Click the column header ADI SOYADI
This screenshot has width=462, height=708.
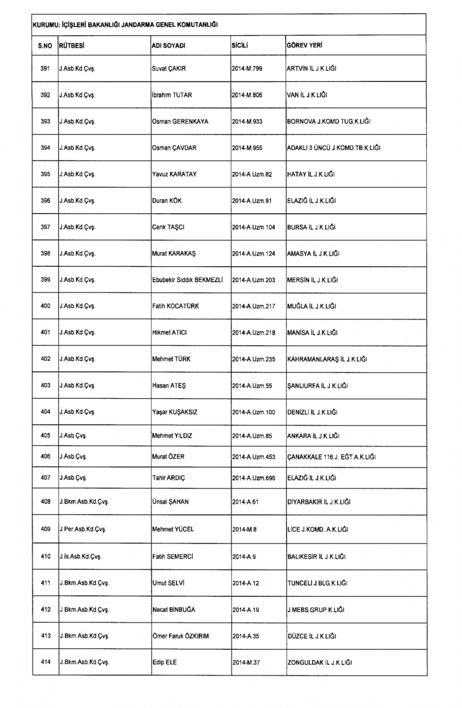(x=169, y=46)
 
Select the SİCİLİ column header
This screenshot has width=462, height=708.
(x=240, y=46)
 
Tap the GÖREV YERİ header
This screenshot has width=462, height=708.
(x=304, y=45)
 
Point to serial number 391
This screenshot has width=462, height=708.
(x=45, y=68)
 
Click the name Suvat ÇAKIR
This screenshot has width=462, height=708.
(x=169, y=68)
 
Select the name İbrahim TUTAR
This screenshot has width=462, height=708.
(x=172, y=95)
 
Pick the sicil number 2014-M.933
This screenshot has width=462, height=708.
(x=247, y=122)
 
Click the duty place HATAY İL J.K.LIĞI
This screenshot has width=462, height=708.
(x=311, y=174)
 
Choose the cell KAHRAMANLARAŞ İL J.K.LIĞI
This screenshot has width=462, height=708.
(x=327, y=359)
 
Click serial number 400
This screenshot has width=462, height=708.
(x=45, y=306)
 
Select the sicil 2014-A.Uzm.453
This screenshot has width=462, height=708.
(x=254, y=457)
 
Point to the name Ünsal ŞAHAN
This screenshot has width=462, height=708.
(x=170, y=502)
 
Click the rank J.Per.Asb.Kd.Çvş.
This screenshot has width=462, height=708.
(x=83, y=529)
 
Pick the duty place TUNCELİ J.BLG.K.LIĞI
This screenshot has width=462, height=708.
(x=317, y=584)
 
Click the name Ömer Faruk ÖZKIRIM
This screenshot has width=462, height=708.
(x=181, y=636)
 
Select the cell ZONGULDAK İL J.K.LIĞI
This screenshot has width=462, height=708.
(x=320, y=663)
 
